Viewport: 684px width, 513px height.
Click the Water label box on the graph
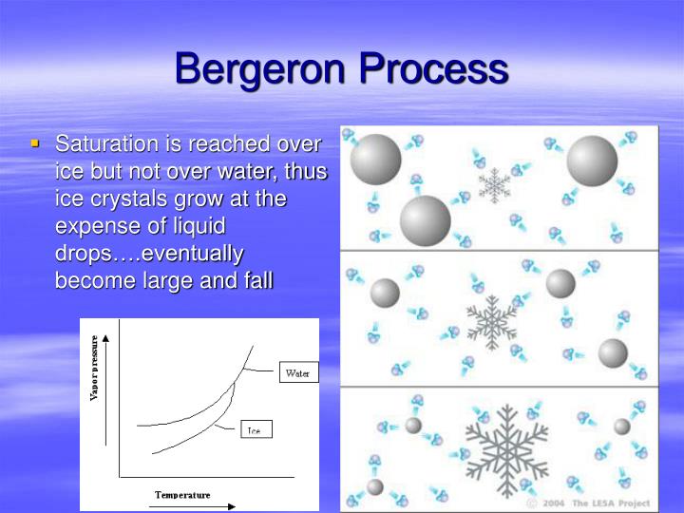tap(297, 373)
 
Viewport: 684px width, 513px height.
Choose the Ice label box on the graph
tap(254, 430)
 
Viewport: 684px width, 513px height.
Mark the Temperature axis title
tap(182, 495)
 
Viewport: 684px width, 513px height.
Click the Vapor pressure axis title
tap(94, 367)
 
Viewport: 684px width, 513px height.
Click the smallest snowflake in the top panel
tap(494, 184)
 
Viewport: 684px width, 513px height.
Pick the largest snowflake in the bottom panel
tap(506, 448)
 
